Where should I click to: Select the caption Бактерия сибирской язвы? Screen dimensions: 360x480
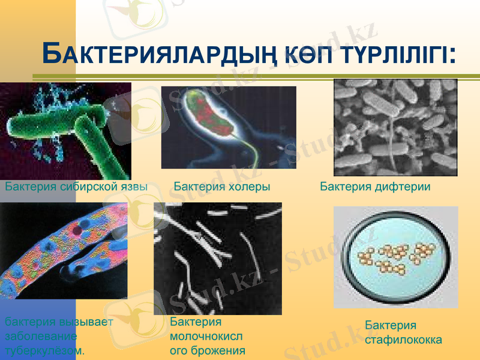coord(76,187)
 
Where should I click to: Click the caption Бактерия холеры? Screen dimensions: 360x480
coord(221,187)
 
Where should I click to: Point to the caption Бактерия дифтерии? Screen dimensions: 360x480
coord(375,187)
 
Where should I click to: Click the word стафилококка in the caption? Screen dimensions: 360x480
coord(403,340)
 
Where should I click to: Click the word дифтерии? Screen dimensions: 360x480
coord(404,187)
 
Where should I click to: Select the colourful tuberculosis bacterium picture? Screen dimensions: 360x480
coord(63,251)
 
